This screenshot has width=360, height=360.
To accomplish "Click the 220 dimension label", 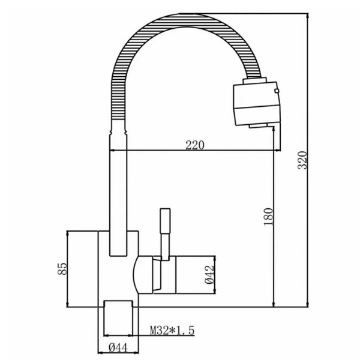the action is tap(194, 145).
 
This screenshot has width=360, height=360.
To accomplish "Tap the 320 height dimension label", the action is tap(302, 160).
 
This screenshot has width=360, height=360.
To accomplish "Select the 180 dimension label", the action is tap(268, 217).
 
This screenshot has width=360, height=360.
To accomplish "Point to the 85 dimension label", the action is tap(62, 269).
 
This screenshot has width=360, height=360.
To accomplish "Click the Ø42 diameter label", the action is tap(209, 275).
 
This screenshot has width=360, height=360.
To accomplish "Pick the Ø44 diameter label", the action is tap(118, 348).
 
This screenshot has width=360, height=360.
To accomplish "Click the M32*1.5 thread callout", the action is tap(172, 331).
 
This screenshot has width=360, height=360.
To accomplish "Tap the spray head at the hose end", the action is tap(257, 103).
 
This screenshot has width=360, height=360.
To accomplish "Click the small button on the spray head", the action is tap(277, 91).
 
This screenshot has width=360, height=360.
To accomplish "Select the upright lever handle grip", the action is tap(165, 221).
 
